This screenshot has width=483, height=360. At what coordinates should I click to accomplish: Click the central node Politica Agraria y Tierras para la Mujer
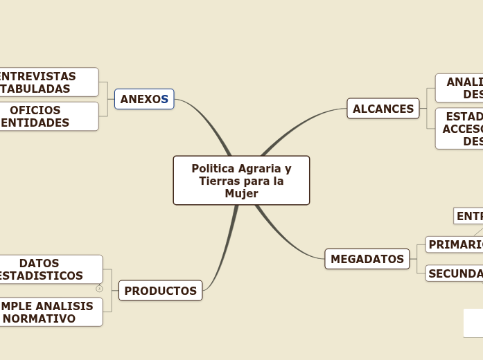pyautogui.click(x=241, y=180)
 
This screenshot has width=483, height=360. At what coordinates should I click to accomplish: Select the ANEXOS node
pyautogui.click(x=144, y=99)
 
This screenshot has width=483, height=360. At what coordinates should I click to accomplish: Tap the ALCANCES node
pyautogui.click(x=383, y=109)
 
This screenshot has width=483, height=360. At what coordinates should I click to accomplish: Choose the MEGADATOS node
pyautogui.click(x=367, y=259)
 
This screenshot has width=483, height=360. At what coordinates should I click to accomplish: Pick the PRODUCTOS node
pyautogui.click(x=160, y=291)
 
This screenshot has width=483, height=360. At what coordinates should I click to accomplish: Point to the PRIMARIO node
pyautogui.click(x=455, y=244)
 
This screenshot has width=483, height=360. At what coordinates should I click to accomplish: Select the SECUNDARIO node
pyautogui.click(x=455, y=273)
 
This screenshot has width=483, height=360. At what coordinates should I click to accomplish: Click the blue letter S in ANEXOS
pyautogui.click(x=165, y=99)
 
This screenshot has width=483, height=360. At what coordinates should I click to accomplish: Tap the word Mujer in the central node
pyautogui.click(x=241, y=193)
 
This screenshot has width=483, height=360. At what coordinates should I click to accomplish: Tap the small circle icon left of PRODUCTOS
pyautogui.click(x=99, y=288)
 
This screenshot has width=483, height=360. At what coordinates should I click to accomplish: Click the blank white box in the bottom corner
pyautogui.click(x=473, y=323)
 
